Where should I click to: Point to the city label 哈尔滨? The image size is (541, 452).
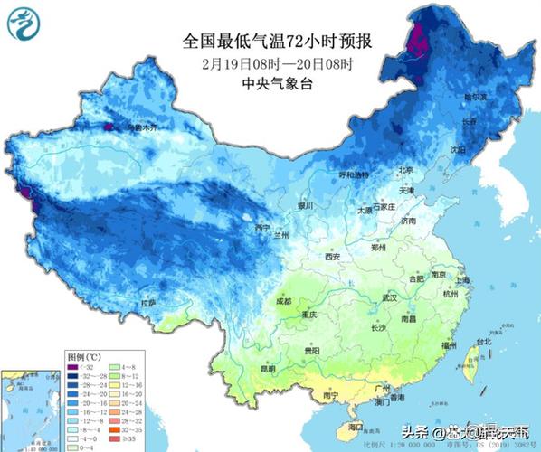(476, 96)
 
